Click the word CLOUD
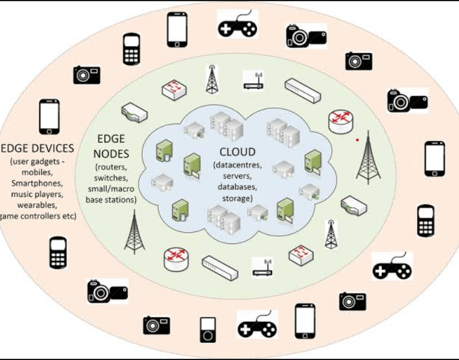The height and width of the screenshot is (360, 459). pos(237,152)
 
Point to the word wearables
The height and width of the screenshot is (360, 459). pos(38,205)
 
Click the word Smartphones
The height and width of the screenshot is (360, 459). pos(39,184)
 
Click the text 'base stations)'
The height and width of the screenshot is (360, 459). pos(111,200)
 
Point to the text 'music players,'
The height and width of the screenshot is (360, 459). pos(39,194)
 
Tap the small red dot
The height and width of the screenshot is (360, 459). pos(357,140)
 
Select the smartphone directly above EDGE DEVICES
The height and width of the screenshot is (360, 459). pos(49,117)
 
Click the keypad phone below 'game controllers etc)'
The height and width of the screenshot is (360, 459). pos(57,254)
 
